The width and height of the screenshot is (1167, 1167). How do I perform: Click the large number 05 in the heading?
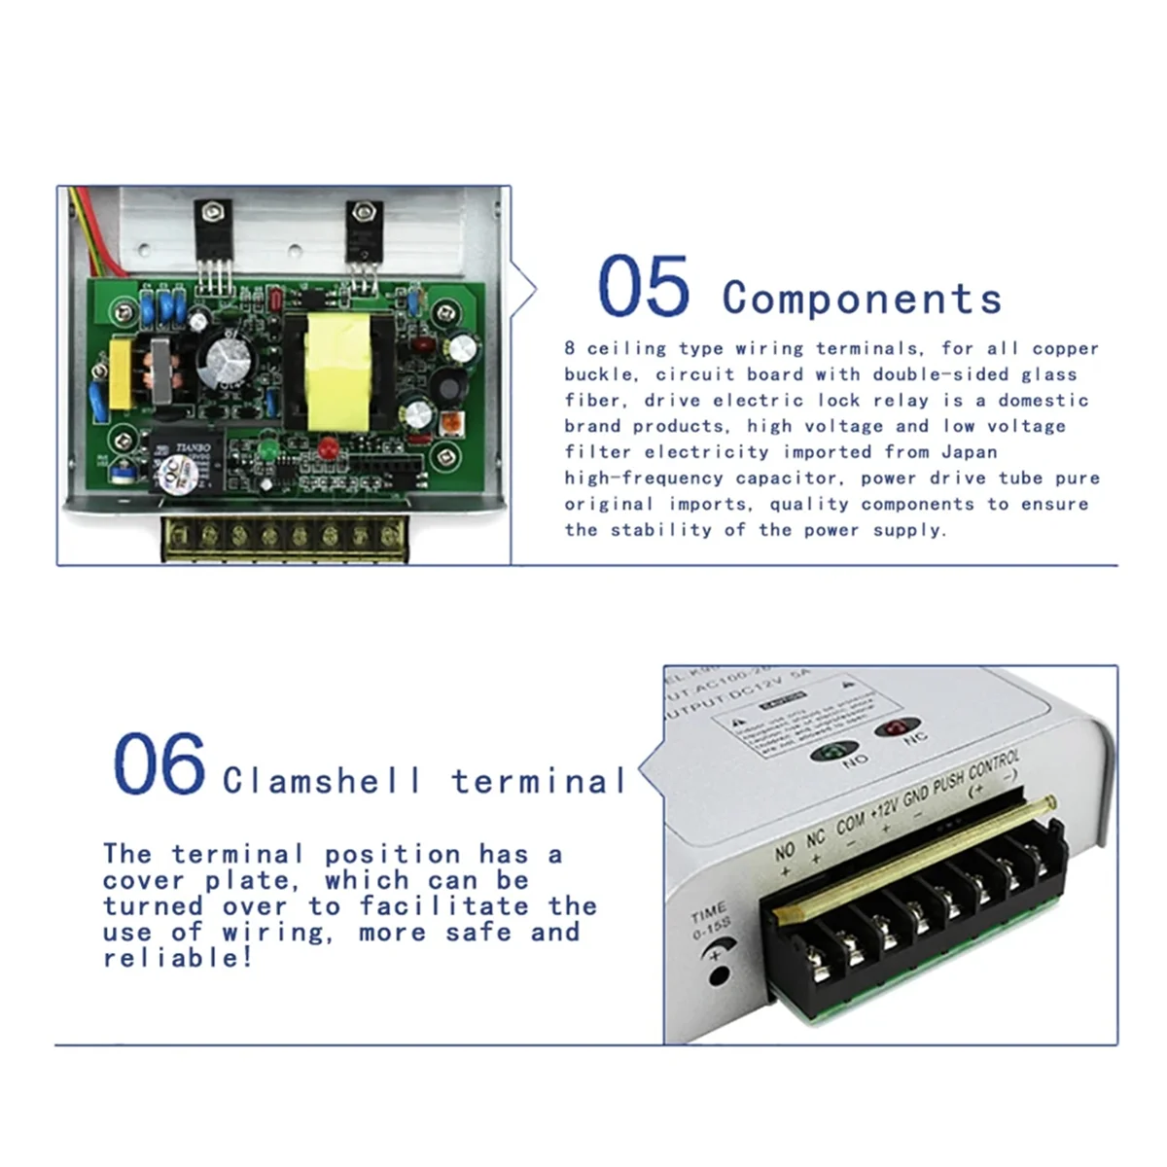click(x=643, y=287)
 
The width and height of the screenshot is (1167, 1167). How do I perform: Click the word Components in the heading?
click(x=862, y=298)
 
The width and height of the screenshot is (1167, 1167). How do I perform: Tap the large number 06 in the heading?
click(x=159, y=764)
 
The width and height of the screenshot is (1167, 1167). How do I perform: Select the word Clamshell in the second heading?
click(x=322, y=781)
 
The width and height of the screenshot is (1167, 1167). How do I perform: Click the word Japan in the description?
click(x=969, y=451)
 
